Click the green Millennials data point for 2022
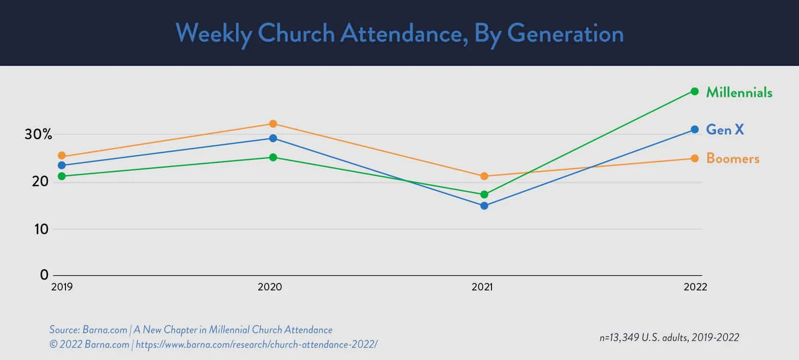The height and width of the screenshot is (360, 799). point(694,91)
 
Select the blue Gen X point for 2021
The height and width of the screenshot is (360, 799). point(484,206)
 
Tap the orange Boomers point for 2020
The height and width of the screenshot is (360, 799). point(273,124)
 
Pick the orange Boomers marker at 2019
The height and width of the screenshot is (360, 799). point(62,156)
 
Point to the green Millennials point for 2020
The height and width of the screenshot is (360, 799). point(273,157)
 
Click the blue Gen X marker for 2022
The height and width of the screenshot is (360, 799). point(694,130)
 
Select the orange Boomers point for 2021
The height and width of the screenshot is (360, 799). point(484,176)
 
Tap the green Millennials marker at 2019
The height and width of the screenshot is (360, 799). point(62,176)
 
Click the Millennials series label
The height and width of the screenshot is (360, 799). point(739,92)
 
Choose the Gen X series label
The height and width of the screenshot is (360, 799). point(725,130)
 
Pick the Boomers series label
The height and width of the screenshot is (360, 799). point(733,159)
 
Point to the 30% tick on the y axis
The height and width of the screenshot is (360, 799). point(38,134)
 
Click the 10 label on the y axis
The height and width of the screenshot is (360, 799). point(41,229)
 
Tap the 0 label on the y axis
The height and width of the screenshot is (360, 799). point(44,275)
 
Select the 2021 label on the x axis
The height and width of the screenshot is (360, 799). point(482,287)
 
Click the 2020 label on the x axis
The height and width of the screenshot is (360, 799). point(270,287)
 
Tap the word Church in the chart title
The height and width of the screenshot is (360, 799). point(296,34)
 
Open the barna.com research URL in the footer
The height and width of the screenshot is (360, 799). point(256,344)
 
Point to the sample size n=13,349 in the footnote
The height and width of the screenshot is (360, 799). point(619,337)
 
